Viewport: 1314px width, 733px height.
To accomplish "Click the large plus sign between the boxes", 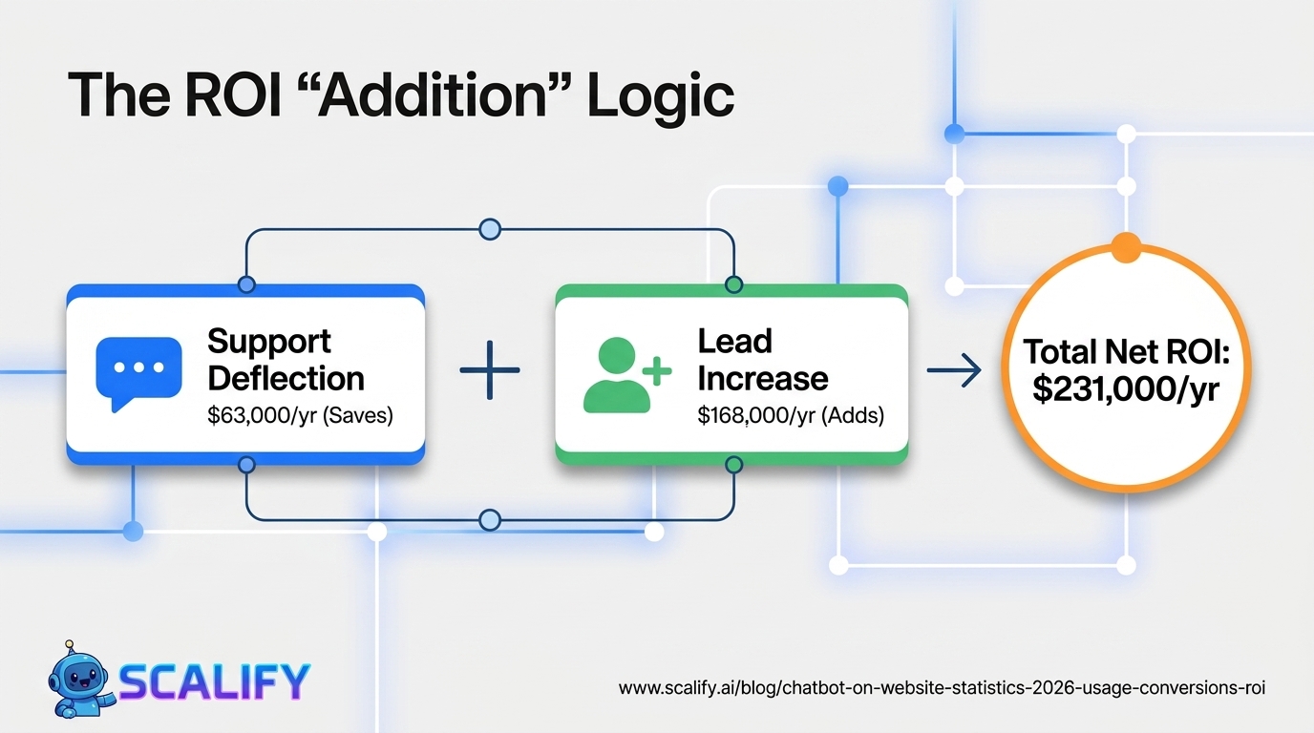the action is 490,370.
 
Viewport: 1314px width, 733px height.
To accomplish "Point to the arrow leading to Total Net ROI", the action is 954,370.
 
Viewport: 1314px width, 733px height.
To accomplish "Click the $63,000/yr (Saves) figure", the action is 300,415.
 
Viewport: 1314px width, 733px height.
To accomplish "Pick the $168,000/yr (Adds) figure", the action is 790,415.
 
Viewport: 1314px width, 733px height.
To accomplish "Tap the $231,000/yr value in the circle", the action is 1126,388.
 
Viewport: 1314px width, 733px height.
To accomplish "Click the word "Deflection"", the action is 286,378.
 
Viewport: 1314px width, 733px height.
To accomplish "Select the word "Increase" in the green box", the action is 763,378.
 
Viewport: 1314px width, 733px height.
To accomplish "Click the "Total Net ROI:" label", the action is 1126,351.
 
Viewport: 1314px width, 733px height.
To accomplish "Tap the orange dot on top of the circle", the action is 1126,247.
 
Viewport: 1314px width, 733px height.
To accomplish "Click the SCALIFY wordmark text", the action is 215,682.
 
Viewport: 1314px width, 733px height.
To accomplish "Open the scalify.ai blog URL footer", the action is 942,688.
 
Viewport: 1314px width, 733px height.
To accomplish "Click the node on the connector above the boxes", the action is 490,229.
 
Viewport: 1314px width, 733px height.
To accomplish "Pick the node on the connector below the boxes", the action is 490,520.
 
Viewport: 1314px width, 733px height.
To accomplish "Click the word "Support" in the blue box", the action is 269,343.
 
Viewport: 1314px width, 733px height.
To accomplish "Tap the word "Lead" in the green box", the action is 734,341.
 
